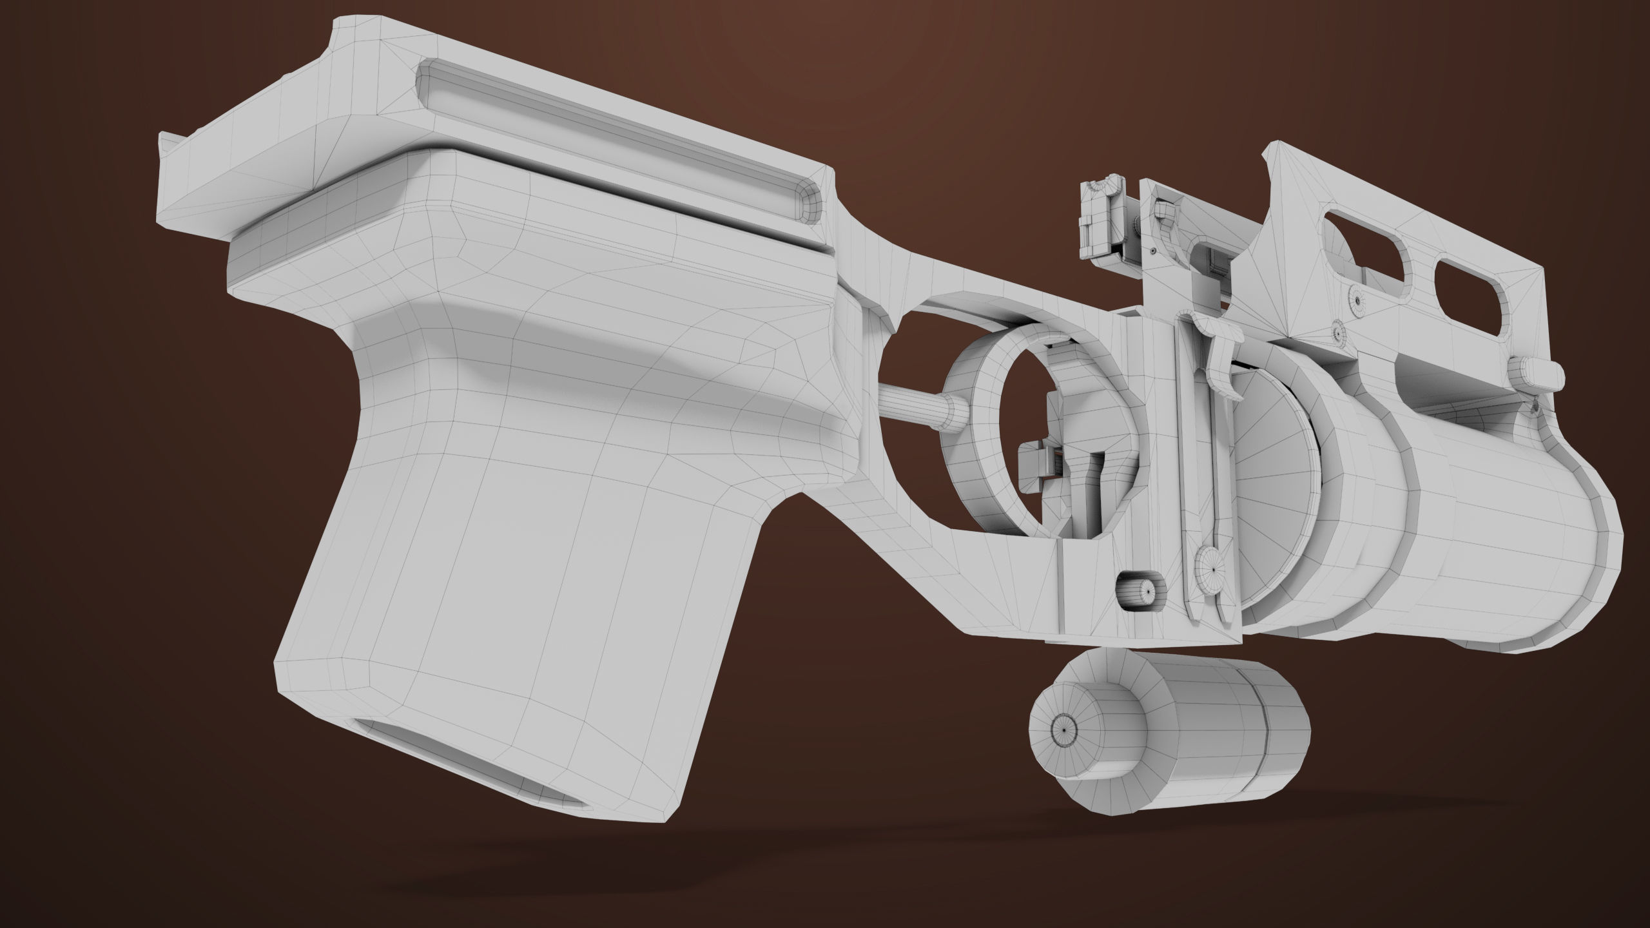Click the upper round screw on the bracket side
coord(1355,300)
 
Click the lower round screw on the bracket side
coord(1338,333)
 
